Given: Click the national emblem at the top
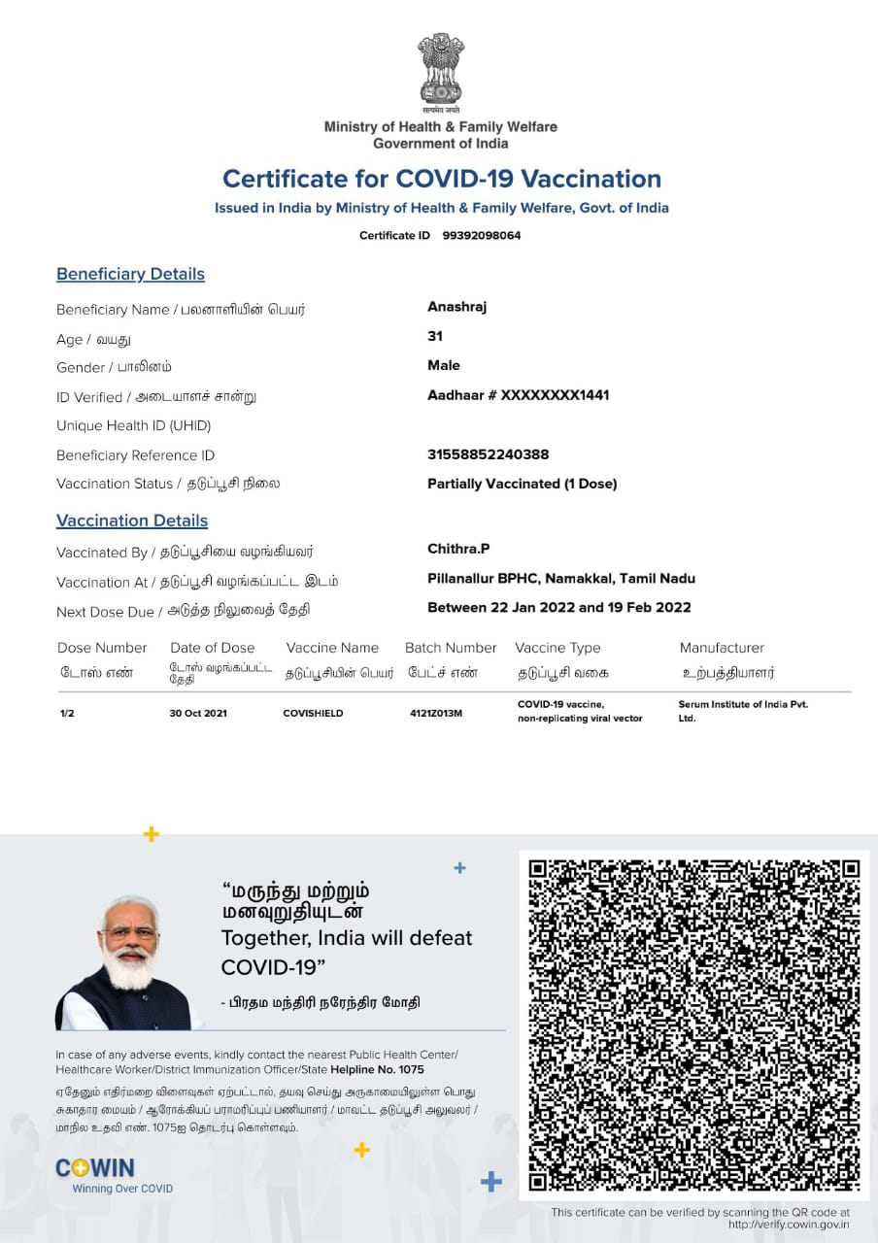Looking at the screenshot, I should (x=440, y=71).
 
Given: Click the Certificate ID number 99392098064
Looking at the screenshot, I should (x=482, y=235).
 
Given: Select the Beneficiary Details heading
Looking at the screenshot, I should (x=130, y=274).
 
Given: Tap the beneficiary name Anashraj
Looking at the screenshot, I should (x=456, y=307).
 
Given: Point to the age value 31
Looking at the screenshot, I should (x=435, y=336).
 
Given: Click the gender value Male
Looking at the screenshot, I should (x=444, y=365).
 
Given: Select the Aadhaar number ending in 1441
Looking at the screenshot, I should (x=518, y=395).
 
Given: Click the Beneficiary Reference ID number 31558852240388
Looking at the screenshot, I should (x=488, y=454).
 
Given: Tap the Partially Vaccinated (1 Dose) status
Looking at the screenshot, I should (x=522, y=484).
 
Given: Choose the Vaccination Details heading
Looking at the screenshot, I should (x=132, y=521).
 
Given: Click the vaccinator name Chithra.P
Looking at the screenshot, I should (x=458, y=549).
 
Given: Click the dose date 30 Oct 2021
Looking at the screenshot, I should (x=198, y=713).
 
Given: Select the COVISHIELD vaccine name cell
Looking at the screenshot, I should (x=313, y=713).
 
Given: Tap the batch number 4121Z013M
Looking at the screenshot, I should (x=436, y=713).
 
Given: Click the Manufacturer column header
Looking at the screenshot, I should (x=722, y=648).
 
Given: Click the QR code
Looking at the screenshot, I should (x=694, y=1025).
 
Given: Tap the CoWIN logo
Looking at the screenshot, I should (x=95, y=1168).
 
